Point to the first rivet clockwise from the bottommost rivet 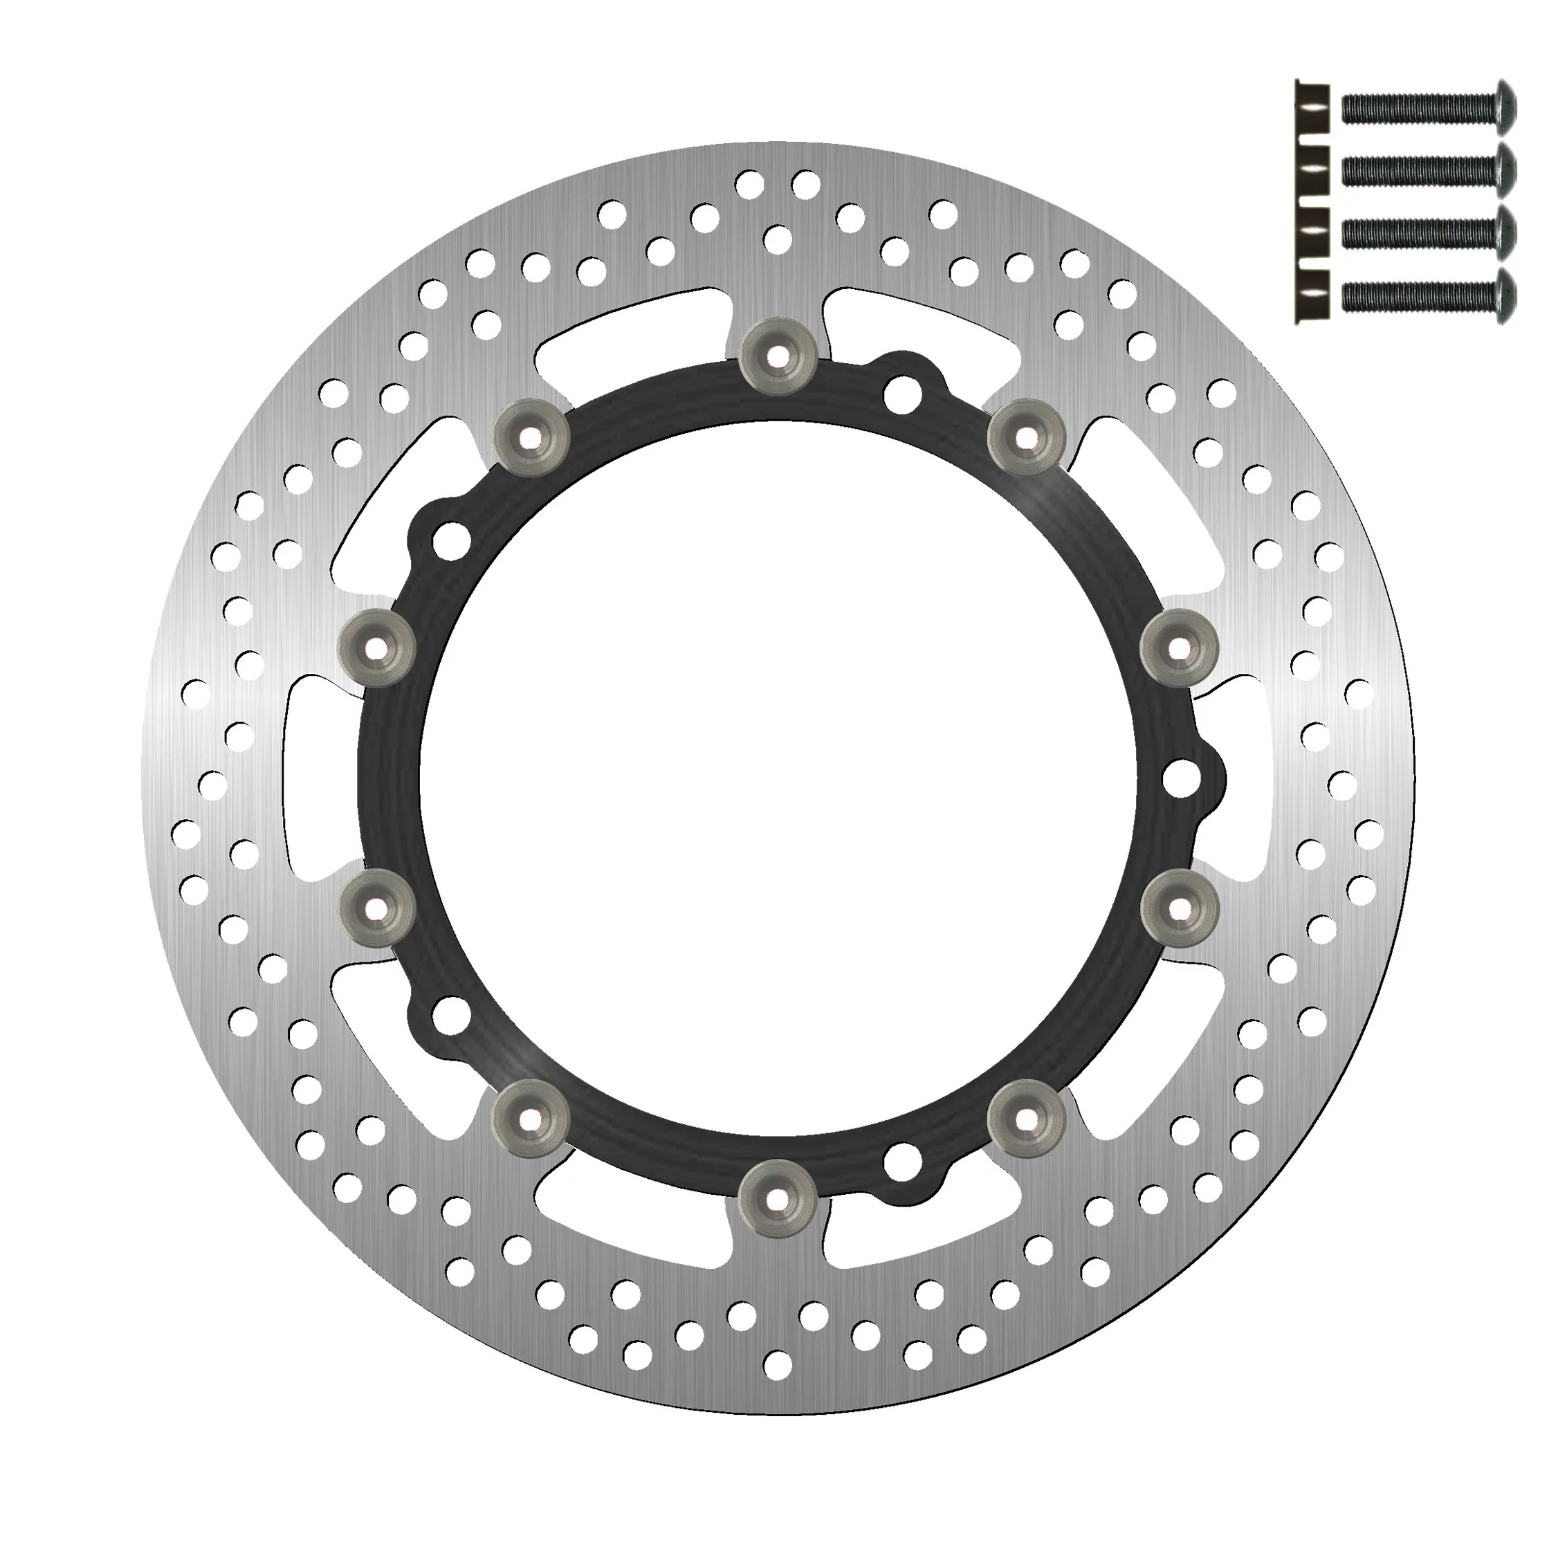tap(531, 1118)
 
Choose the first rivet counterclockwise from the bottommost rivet tap(1026, 1118)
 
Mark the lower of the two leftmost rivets tap(374, 909)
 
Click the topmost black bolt tap(1429, 108)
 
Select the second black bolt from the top tap(1429, 169)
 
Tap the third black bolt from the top tap(1429, 232)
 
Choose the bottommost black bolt tap(1429, 293)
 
